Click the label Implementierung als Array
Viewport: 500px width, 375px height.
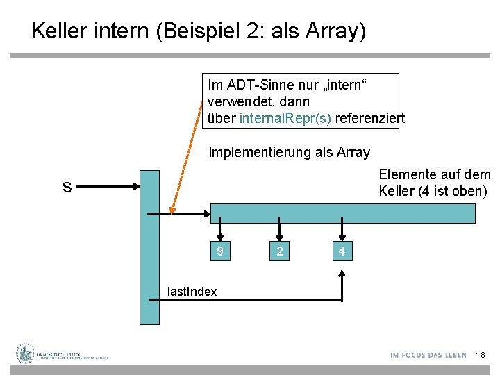(289, 152)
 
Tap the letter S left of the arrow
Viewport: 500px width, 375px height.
(67, 187)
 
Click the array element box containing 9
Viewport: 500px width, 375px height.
(220, 251)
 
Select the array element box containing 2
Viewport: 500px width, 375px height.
(279, 251)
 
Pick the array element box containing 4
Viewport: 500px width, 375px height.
(342, 251)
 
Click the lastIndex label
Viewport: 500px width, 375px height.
(192, 292)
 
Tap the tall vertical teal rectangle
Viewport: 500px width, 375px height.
(149, 247)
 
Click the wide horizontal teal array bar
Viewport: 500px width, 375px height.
(343, 213)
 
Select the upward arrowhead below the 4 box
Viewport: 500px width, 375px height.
(342, 275)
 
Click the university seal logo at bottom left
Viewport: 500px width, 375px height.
(26, 353)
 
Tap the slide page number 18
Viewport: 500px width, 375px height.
(481, 355)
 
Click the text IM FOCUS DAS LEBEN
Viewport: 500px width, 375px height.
(428, 355)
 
